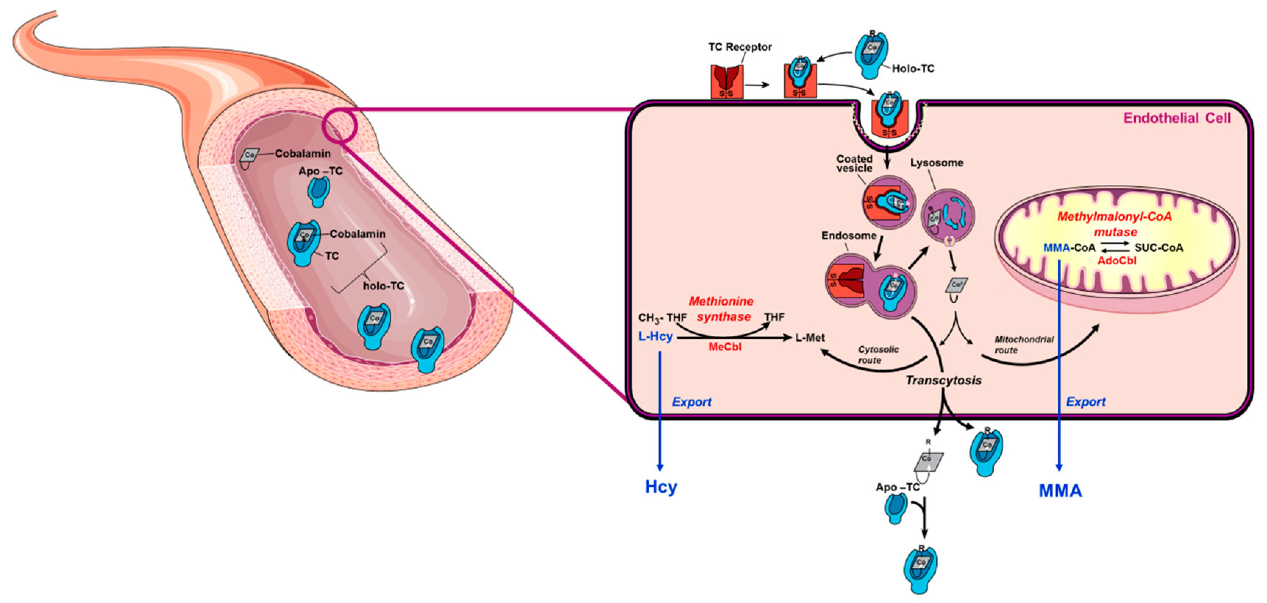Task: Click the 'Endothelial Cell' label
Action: pyautogui.click(x=1177, y=118)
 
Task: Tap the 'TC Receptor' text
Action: pyautogui.click(x=740, y=47)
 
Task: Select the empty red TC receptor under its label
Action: pyautogui.click(x=726, y=82)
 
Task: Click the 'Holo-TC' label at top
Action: pyautogui.click(x=913, y=69)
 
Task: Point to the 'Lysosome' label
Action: pyautogui.click(x=936, y=163)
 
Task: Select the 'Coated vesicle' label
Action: pyautogui.click(x=855, y=163)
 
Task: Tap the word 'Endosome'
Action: pyautogui.click(x=849, y=236)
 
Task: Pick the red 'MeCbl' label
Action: pyautogui.click(x=725, y=347)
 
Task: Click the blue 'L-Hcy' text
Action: pyautogui.click(x=655, y=337)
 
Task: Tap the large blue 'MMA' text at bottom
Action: pyautogui.click(x=1060, y=491)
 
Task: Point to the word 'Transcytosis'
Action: pyautogui.click(x=943, y=381)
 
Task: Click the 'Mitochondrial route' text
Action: pyautogui.click(x=1024, y=345)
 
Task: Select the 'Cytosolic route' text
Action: pyautogui.click(x=878, y=355)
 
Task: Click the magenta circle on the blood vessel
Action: pyautogui.click(x=339, y=127)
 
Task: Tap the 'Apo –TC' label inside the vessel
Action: pyautogui.click(x=320, y=171)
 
